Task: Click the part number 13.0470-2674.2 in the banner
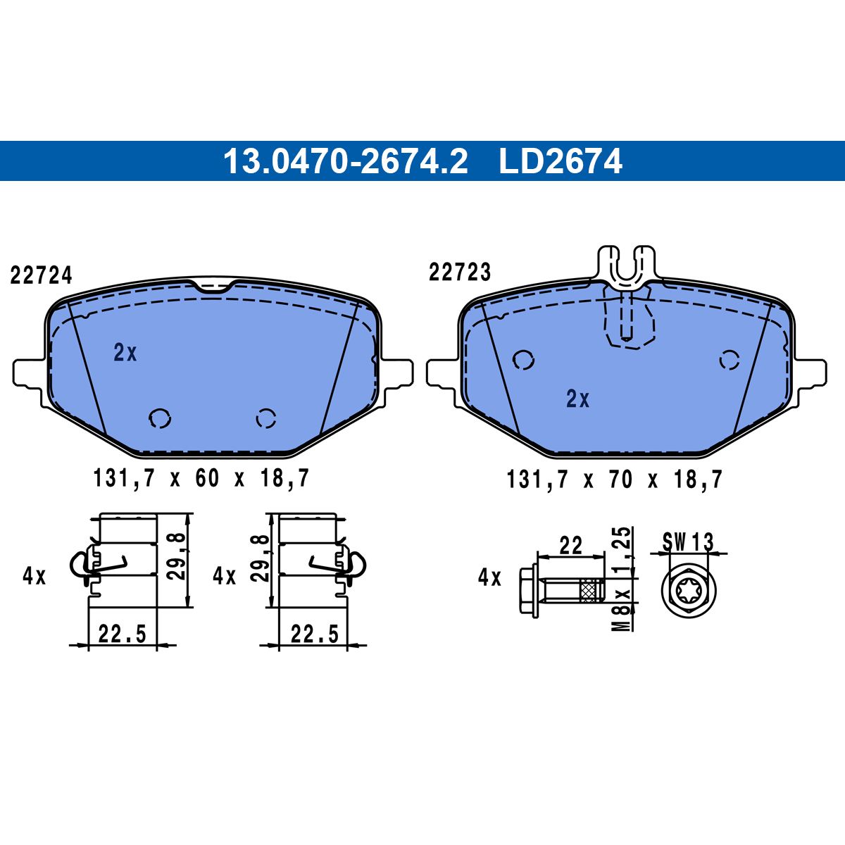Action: coord(346,161)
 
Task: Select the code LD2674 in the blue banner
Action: coord(561,161)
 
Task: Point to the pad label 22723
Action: coord(460,273)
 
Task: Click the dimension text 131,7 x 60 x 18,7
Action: coord(201,478)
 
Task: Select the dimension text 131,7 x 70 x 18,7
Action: coord(614,480)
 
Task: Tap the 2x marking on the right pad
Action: coord(578,399)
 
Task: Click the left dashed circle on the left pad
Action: coord(160,418)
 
